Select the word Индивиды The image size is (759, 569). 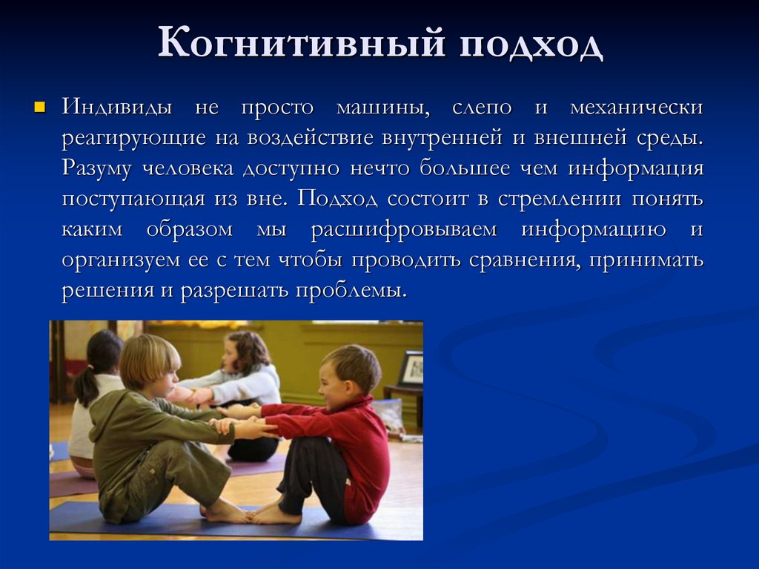pos(117,108)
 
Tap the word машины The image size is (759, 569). pos(383,108)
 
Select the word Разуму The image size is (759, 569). pos(96,168)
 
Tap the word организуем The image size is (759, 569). pos(121,260)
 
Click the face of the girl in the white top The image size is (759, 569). pos(231,356)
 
